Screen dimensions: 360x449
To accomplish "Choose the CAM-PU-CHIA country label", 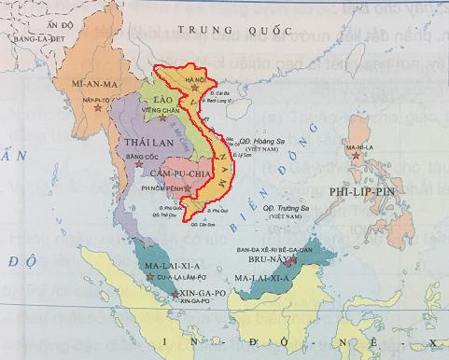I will coord(184,173).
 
